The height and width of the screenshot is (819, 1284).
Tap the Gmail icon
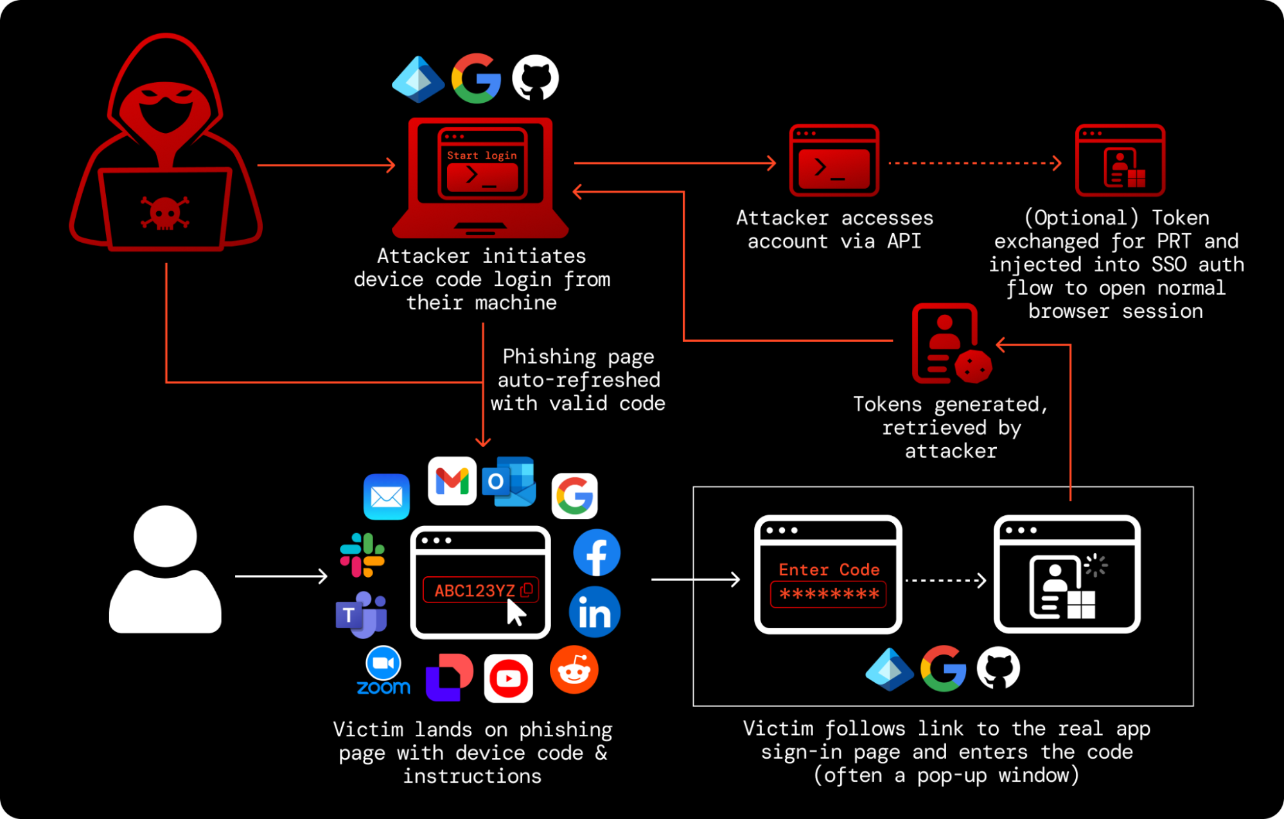pyautogui.click(x=452, y=481)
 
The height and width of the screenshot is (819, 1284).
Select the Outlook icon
pyautogui.click(x=509, y=481)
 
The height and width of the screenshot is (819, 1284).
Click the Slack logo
pyautogui.click(x=362, y=554)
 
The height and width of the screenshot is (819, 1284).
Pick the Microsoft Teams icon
pyautogui.click(x=362, y=614)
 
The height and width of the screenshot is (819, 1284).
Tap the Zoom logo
pyautogui.click(x=383, y=672)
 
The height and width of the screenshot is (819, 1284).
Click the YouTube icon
pyautogui.click(x=508, y=678)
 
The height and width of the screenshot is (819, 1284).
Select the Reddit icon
pyautogui.click(x=574, y=671)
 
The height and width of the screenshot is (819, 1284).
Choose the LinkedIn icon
pyautogui.click(x=595, y=612)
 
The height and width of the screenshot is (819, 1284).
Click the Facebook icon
pyautogui.click(x=596, y=553)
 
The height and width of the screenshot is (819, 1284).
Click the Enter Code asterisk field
pyautogui.click(x=829, y=594)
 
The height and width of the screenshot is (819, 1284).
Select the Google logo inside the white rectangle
pyautogui.click(x=943, y=669)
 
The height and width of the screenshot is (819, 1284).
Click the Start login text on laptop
pyautogui.click(x=482, y=155)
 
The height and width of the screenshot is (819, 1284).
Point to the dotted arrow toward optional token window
pyautogui.click(x=974, y=163)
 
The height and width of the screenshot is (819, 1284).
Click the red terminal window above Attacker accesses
pyautogui.click(x=834, y=161)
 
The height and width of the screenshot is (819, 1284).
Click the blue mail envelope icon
pyautogui.click(x=387, y=497)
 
